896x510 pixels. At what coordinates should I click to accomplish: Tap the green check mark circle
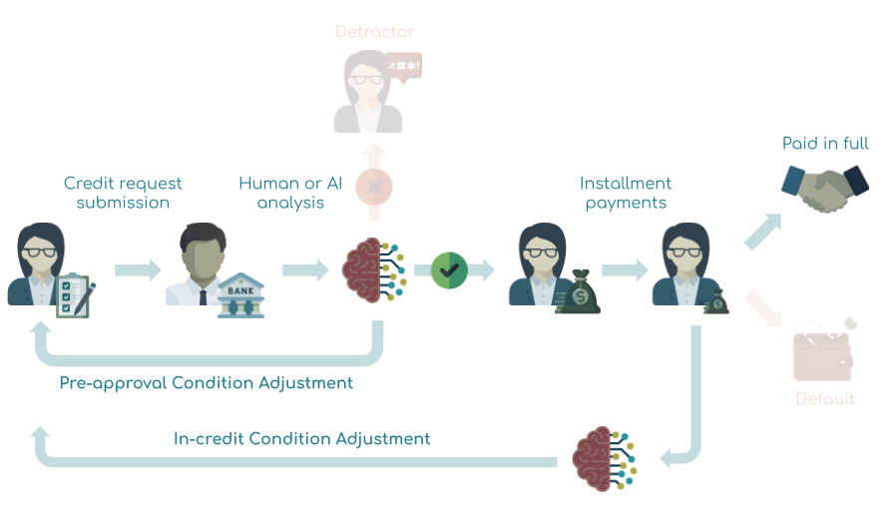pos(449,269)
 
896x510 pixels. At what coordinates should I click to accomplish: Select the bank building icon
pos(241,295)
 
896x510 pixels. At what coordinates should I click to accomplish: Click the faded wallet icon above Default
pos(823,353)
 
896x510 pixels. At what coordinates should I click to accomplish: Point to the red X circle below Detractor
pos(374,186)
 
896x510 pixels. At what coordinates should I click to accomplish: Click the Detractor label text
pos(374,32)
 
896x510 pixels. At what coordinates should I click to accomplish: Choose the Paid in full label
pos(825,144)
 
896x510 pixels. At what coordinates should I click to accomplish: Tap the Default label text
pos(825,399)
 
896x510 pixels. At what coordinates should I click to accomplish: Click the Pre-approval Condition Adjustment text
pos(206,383)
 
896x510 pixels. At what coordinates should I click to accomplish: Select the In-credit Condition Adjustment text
pos(302,439)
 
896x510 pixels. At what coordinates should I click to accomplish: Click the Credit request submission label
pos(123,193)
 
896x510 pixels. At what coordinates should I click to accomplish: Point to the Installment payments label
pos(626,193)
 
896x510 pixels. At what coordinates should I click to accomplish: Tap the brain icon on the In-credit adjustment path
pos(603,459)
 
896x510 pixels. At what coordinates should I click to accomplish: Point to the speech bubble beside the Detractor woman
pos(403,68)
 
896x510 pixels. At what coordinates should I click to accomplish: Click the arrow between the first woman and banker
pos(137,269)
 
